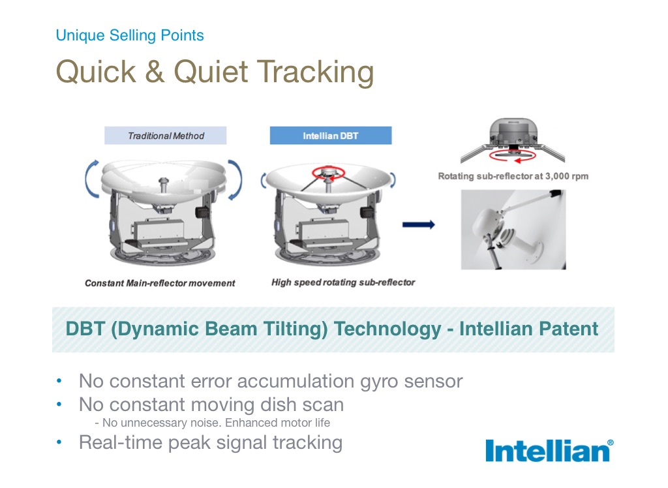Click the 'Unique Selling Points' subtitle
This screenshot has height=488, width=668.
coord(130,35)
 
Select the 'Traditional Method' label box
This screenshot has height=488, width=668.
coord(165,136)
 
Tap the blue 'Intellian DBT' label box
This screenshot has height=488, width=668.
coord(331,136)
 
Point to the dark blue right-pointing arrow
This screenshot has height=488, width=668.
coord(419,224)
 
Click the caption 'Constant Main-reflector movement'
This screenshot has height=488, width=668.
coord(160,283)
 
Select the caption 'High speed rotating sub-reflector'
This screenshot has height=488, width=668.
coord(343,282)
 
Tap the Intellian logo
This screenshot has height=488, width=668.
coord(549,451)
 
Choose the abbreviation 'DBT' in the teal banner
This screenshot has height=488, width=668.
coord(85,329)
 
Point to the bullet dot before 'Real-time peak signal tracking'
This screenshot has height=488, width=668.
coord(59,442)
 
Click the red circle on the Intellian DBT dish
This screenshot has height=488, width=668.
coord(328,173)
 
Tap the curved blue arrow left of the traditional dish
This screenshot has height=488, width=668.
coord(91,179)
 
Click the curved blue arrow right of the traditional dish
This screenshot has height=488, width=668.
coord(235,179)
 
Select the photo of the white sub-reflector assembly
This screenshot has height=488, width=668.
coord(513,230)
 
